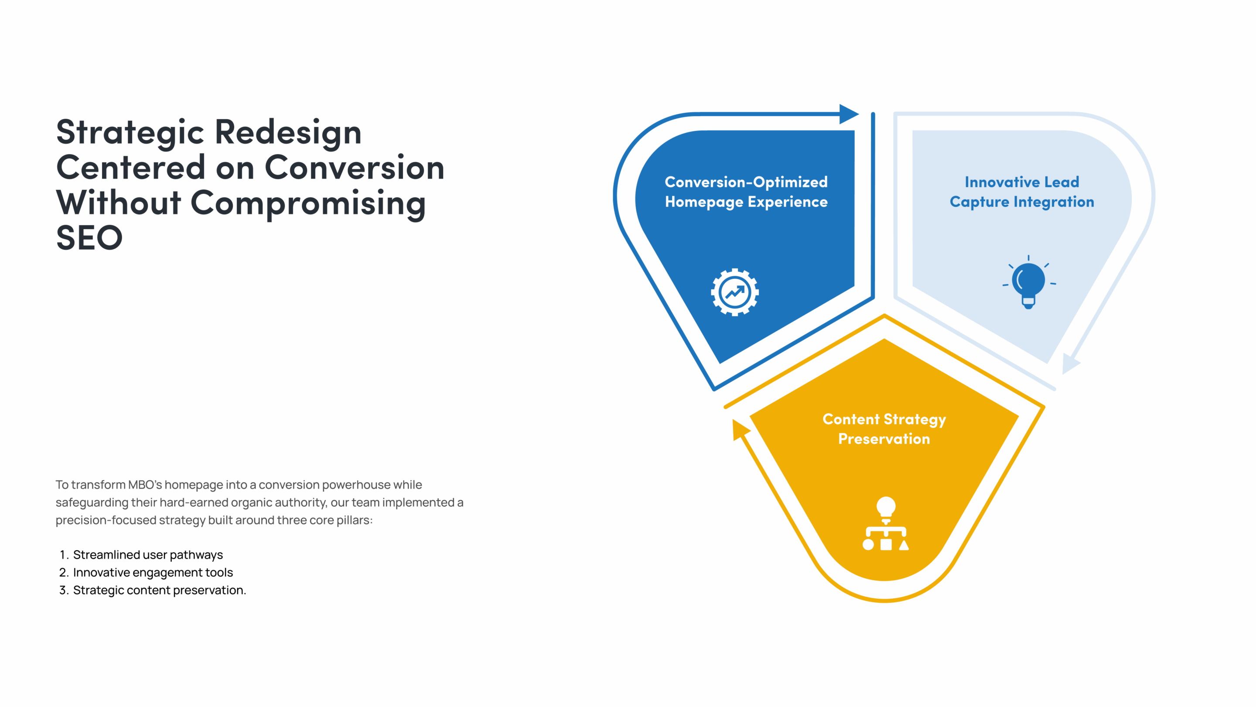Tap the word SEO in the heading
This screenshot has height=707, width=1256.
tap(89, 237)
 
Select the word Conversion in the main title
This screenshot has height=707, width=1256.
tap(355, 167)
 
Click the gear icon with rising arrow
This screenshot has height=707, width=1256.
tap(734, 292)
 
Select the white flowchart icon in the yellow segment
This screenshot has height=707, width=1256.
tap(885, 524)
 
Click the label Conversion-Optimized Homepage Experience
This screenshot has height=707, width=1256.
tap(746, 192)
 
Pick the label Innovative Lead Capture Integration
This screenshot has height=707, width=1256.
tap(1021, 192)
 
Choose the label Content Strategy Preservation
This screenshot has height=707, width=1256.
tap(884, 429)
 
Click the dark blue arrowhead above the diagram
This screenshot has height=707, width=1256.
tap(849, 114)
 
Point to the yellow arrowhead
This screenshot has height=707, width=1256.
tap(740, 430)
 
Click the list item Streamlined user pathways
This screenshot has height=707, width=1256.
tap(148, 555)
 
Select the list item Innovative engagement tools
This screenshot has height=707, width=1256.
tap(153, 572)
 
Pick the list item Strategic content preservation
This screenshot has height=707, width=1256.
tap(160, 590)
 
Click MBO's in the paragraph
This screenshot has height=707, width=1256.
tap(145, 484)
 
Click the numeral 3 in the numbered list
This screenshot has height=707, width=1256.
tap(63, 590)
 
